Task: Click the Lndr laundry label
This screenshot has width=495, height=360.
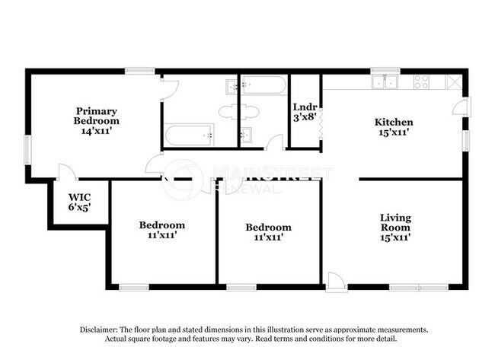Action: [x=305, y=112]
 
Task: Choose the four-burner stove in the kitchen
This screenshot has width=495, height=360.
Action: [x=421, y=81]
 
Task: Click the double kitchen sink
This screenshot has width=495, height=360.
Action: [x=387, y=81]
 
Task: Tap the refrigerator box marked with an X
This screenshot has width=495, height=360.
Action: [x=453, y=82]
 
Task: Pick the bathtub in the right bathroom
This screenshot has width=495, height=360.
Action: [x=263, y=85]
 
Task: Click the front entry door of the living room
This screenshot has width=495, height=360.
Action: [x=336, y=283]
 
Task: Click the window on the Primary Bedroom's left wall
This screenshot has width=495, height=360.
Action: [x=28, y=148]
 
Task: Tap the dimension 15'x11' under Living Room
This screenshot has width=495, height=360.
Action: [x=395, y=237]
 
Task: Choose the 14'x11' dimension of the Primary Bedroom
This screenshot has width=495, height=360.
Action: [x=96, y=131]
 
